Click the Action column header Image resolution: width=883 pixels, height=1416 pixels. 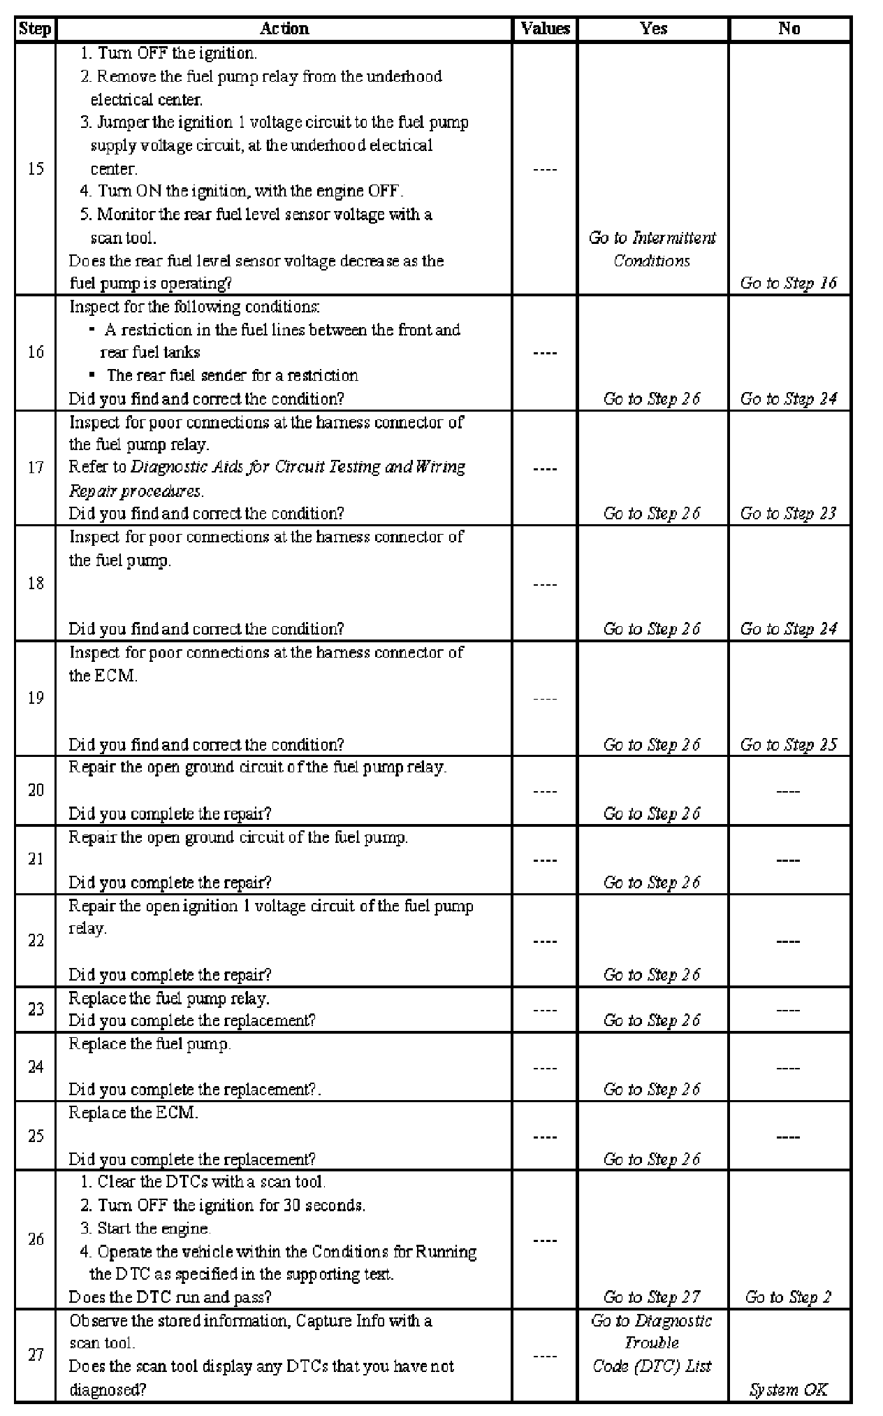(x=284, y=29)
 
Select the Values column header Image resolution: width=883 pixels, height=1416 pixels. (x=545, y=29)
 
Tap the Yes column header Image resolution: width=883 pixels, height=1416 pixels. (x=653, y=29)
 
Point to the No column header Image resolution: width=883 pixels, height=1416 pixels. (x=789, y=29)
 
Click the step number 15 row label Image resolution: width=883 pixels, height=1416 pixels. (x=36, y=168)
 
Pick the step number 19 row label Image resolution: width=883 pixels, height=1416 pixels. (x=36, y=698)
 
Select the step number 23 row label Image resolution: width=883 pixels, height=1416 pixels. (x=36, y=1009)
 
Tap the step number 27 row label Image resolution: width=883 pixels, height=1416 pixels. (x=36, y=1354)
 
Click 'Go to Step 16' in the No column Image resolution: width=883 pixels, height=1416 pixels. (x=788, y=283)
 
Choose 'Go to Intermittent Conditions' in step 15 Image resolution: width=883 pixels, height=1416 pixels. (x=652, y=249)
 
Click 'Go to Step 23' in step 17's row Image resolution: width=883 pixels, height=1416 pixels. (x=788, y=514)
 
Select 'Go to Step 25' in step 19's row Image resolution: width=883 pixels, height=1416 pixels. (x=788, y=744)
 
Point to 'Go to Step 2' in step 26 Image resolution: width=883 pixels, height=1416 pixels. (x=788, y=1297)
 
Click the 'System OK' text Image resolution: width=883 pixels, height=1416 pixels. (x=788, y=1389)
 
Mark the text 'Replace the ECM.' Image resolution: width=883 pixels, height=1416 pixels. (x=133, y=1113)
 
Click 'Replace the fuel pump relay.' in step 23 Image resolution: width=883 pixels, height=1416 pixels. (x=169, y=998)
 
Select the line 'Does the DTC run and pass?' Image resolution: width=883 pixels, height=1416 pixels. (x=170, y=1297)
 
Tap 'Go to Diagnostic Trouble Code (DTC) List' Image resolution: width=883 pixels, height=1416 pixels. (x=651, y=1343)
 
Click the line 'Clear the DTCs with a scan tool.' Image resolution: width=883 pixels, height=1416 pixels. (x=211, y=1182)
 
